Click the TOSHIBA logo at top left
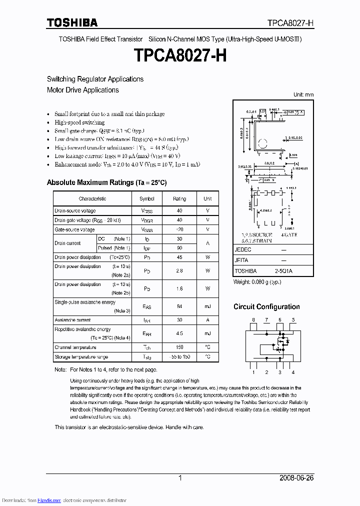click(x=72, y=22)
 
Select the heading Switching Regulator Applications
click(x=95, y=79)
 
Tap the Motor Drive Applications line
click(x=82, y=90)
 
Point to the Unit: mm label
click(x=303, y=94)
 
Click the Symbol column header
click(x=147, y=198)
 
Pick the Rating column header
click(x=179, y=198)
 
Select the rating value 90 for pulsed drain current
click(x=179, y=248)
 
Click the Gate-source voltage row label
click(x=74, y=229)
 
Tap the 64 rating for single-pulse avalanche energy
click(x=179, y=306)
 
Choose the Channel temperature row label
click(x=75, y=347)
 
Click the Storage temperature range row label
click(x=81, y=357)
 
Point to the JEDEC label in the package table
click(x=243, y=249)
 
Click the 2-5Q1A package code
click(x=283, y=270)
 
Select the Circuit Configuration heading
click(x=266, y=306)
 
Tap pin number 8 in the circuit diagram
click(x=253, y=319)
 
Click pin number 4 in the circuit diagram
click(x=293, y=372)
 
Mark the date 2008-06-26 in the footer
click(x=296, y=478)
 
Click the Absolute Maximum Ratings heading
click(x=106, y=182)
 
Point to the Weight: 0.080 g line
click(x=257, y=282)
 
